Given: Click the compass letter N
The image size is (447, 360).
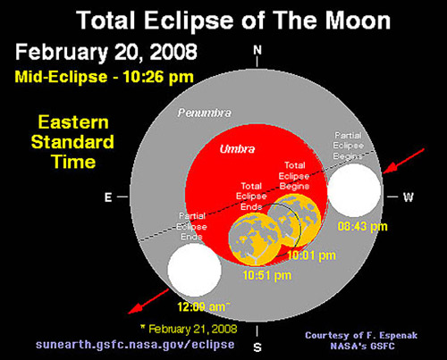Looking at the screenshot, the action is point(257,50).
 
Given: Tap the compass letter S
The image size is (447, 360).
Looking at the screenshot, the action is point(257,347).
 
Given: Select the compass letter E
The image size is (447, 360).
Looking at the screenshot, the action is point(108,197).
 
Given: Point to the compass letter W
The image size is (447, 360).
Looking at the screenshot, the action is point(409,197).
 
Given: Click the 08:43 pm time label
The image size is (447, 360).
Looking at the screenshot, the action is point(362,227).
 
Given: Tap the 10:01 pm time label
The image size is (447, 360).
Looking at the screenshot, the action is point(312,255).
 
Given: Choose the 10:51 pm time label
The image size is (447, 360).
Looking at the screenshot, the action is point(267,275).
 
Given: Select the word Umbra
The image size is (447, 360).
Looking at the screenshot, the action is point(237,149).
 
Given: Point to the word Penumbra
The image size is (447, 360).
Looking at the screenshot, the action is point(205,113).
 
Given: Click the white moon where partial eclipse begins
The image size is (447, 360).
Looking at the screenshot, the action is point(354,190).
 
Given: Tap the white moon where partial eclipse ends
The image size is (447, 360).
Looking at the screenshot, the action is point(194,270).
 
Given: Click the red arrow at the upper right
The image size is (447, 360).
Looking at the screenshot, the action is point(403,161).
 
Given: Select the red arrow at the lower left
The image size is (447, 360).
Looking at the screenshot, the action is point(148,301).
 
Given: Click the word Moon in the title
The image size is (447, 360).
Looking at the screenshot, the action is point(358,21).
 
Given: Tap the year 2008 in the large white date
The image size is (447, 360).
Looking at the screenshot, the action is point(173,52).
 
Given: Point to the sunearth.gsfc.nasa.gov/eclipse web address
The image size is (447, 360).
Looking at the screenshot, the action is point(135,345).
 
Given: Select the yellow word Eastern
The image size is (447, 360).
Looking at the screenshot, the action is point(73,122).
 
